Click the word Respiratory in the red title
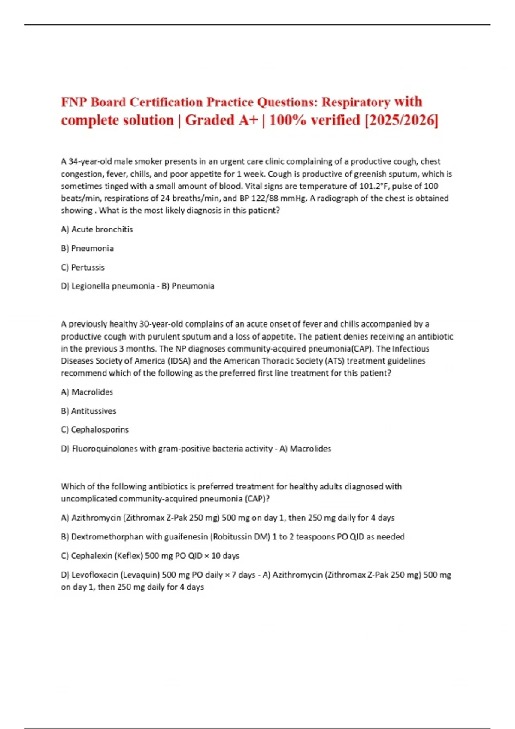coord(356,102)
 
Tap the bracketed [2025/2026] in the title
coord(401,120)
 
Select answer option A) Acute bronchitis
coord(97,229)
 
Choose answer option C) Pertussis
coord(83,268)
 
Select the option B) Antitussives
coord(89,411)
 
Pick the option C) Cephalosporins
coord(95,430)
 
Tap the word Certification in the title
coord(166,102)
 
